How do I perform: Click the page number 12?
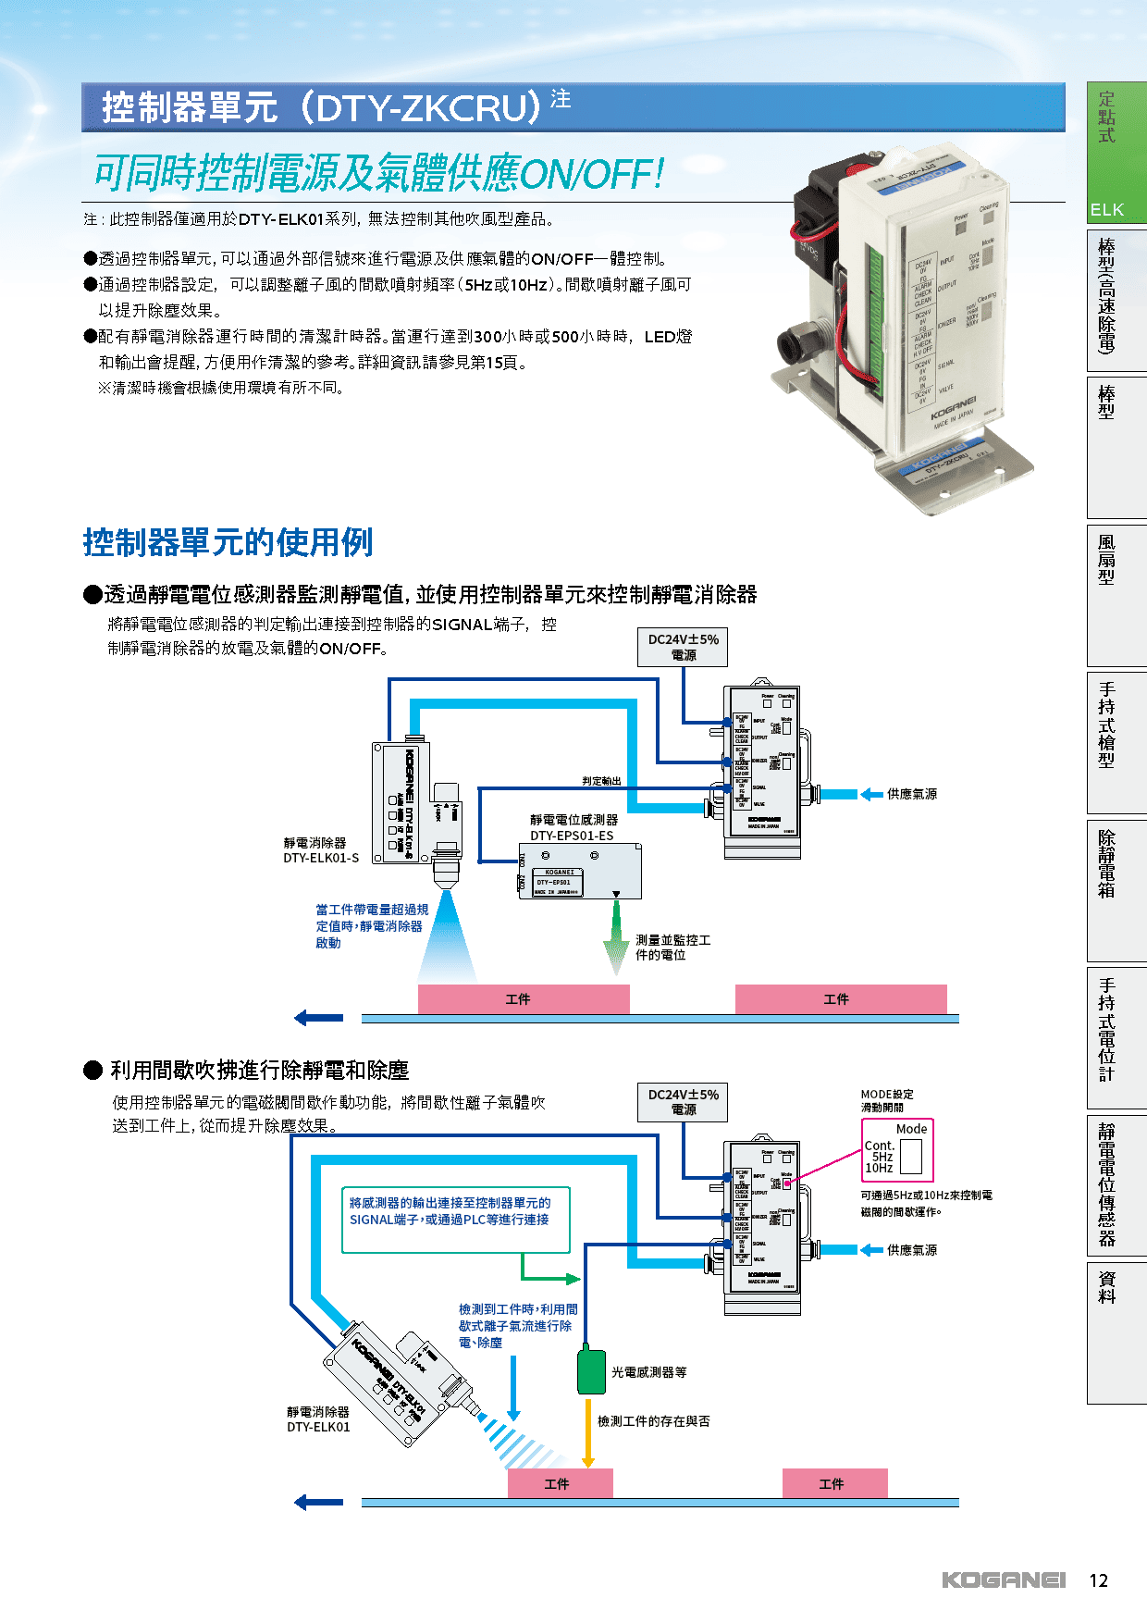click(1098, 1580)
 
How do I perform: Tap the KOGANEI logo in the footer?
click(1004, 1580)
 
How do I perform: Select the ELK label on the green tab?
click(1106, 210)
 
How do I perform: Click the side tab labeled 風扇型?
click(1107, 560)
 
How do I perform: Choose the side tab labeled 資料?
click(1107, 1287)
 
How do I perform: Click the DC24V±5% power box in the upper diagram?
click(683, 647)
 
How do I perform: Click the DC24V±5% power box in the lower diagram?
click(683, 1101)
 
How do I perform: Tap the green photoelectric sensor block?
click(591, 1371)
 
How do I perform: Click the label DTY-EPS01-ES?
click(572, 836)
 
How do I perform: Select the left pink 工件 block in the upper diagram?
click(523, 999)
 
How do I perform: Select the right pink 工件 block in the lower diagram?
click(833, 1483)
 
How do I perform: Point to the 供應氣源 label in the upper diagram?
click(912, 794)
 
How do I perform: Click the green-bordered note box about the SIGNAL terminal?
click(455, 1220)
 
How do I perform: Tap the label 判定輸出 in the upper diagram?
click(602, 781)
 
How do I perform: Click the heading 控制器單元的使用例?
click(228, 542)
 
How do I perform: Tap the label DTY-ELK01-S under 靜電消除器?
click(321, 858)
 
